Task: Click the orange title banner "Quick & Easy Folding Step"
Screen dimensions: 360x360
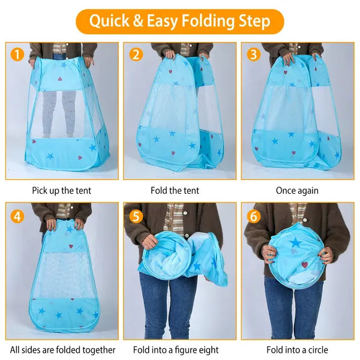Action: (179, 22)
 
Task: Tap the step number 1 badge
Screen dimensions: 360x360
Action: (17, 55)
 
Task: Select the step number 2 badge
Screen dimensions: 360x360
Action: (137, 55)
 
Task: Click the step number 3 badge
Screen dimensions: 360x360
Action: (254, 55)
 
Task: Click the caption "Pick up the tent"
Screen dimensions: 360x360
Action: (62, 191)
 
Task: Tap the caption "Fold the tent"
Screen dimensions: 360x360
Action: (179, 191)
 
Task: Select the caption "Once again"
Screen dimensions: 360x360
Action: (297, 191)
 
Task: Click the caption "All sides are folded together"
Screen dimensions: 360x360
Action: (62, 350)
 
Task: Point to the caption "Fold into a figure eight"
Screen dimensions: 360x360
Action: (179, 350)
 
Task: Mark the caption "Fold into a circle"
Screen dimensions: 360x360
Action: (297, 350)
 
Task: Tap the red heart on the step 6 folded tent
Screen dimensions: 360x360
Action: (304, 265)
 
